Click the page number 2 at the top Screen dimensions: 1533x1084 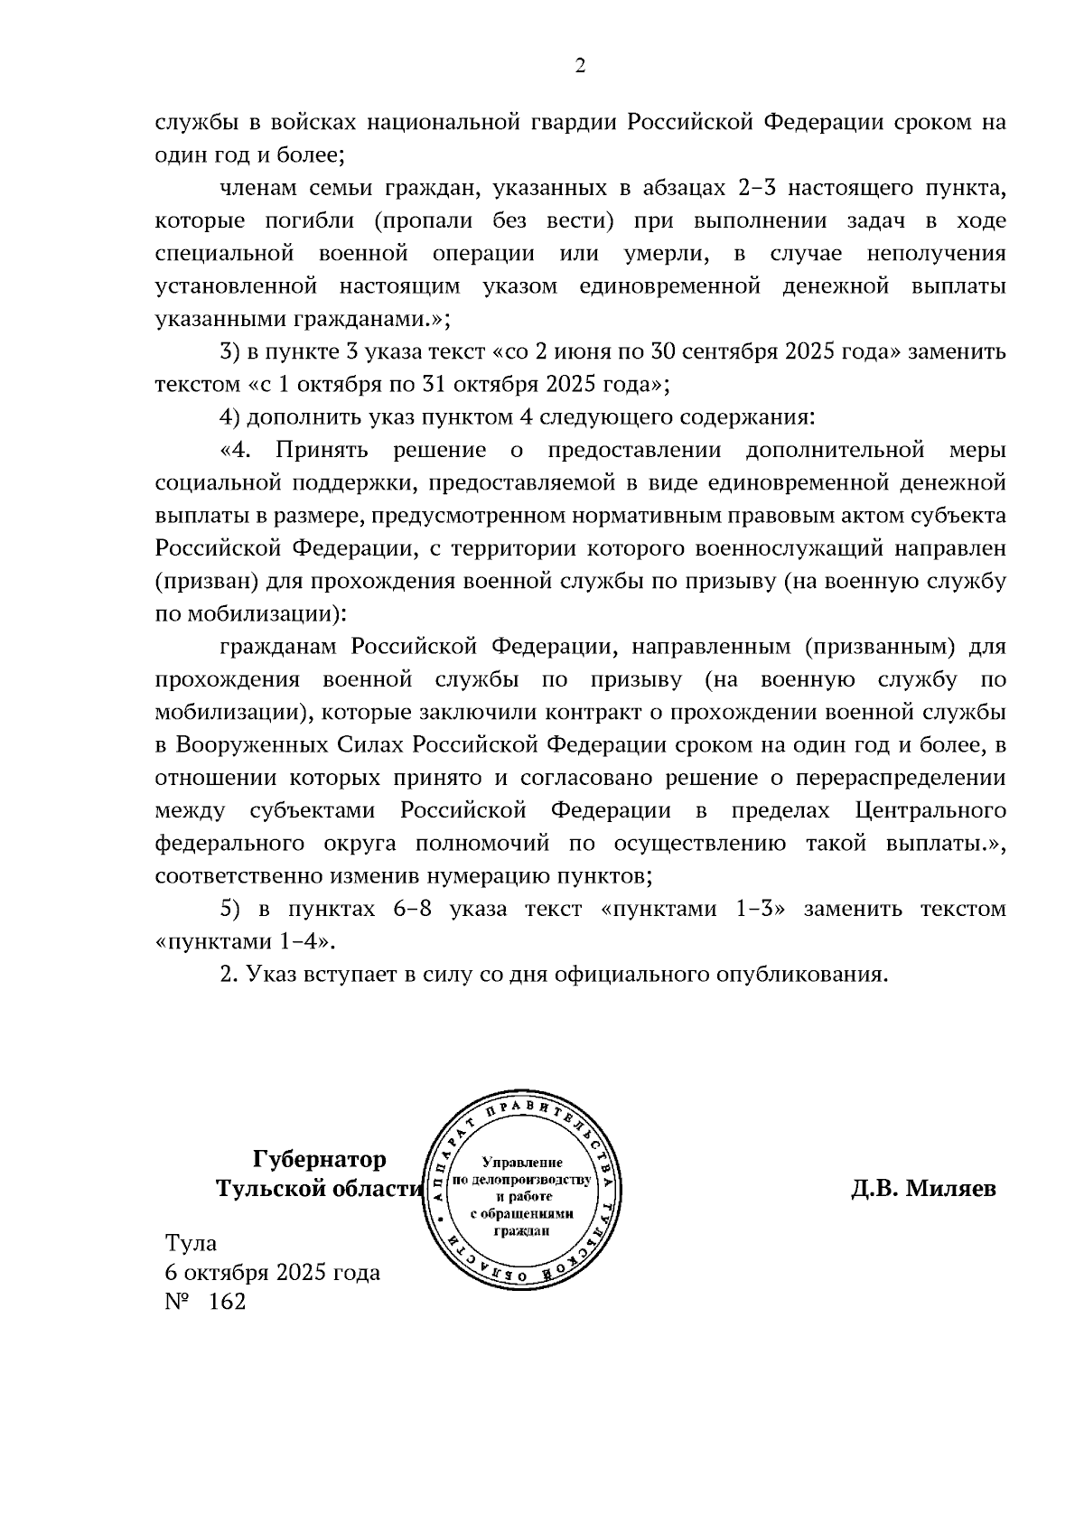(x=580, y=65)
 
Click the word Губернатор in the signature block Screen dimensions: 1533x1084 (x=319, y=1159)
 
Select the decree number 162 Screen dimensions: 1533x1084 (x=226, y=1302)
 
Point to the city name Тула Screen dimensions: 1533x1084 (x=191, y=1243)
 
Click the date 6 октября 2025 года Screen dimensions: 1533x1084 (x=272, y=1272)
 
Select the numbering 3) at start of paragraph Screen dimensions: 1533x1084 (x=231, y=351)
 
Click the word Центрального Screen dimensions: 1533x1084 (x=930, y=810)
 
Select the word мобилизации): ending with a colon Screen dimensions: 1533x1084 (x=251, y=614)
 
